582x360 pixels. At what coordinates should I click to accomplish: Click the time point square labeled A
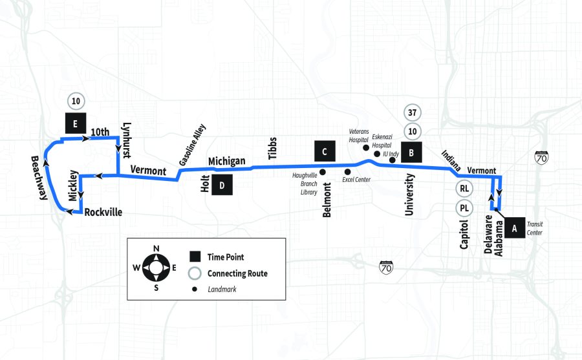tap(515, 228)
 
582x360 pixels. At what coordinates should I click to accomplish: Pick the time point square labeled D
tap(222, 186)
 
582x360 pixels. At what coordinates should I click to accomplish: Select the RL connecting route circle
tap(464, 189)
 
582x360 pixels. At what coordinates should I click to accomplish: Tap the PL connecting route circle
tap(464, 208)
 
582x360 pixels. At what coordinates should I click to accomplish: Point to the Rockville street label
tap(103, 212)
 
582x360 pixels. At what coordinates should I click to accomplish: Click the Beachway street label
tap(39, 178)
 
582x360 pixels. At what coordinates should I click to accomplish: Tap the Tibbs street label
tap(272, 149)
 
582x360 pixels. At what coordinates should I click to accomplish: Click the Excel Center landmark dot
tap(347, 171)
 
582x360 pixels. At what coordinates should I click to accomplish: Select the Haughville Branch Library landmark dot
tap(323, 172)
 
